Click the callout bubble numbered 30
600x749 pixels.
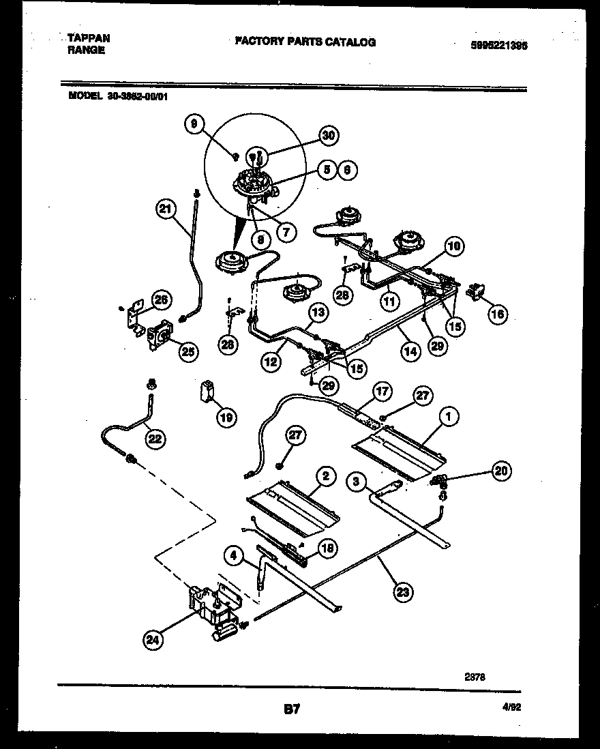coord(329,135)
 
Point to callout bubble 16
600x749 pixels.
coord(498,313)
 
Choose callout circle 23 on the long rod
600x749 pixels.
coord(404,592)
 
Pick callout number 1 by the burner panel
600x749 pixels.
coord(449,416)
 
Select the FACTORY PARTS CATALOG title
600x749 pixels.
coord(305,42)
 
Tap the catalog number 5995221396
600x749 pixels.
coord(499,46)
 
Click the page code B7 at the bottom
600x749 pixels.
coord(291,710)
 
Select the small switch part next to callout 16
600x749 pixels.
coord(472,292)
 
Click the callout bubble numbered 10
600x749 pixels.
coord(454,245)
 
